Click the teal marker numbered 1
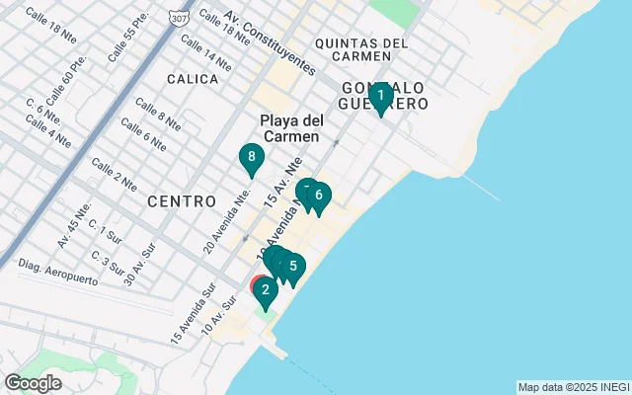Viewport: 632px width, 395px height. pos(380,97)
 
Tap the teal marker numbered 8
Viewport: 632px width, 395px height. pos(252,158)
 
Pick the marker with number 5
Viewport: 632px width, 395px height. pos(293,267)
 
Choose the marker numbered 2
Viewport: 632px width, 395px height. pos(265,291)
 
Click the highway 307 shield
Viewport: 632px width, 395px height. pos(178,19)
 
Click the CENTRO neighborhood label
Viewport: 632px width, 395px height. pos(182,201)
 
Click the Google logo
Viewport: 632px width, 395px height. pos(33,382)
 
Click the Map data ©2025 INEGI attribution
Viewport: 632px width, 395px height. pos(573,387)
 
